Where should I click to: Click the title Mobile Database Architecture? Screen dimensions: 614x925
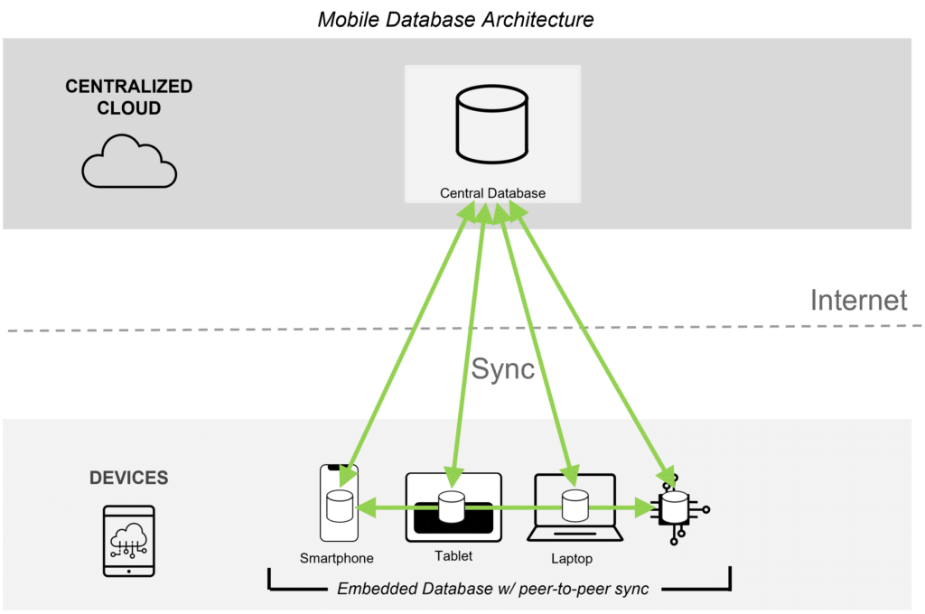[455, 18]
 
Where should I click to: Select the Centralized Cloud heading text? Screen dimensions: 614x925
[129, 98]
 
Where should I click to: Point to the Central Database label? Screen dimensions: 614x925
[492, 193]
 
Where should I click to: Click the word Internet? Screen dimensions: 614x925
[859, 300]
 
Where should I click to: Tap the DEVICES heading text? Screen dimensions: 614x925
[128, 478]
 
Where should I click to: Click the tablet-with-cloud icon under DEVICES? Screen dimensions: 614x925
[129, 540]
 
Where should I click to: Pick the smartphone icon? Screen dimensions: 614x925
[339, 503]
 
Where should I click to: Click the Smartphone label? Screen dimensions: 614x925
[337, 558]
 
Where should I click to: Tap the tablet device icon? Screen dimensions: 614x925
[453, 505]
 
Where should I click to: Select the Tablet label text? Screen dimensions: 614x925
[453, 556]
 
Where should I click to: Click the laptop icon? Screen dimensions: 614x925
[575, 508]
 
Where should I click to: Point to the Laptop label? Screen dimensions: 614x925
[572, 559]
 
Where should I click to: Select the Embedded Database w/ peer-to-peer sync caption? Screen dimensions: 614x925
[492, 590]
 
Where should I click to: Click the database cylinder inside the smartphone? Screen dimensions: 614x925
[339, 507]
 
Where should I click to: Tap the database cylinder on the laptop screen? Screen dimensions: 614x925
[575, 506]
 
